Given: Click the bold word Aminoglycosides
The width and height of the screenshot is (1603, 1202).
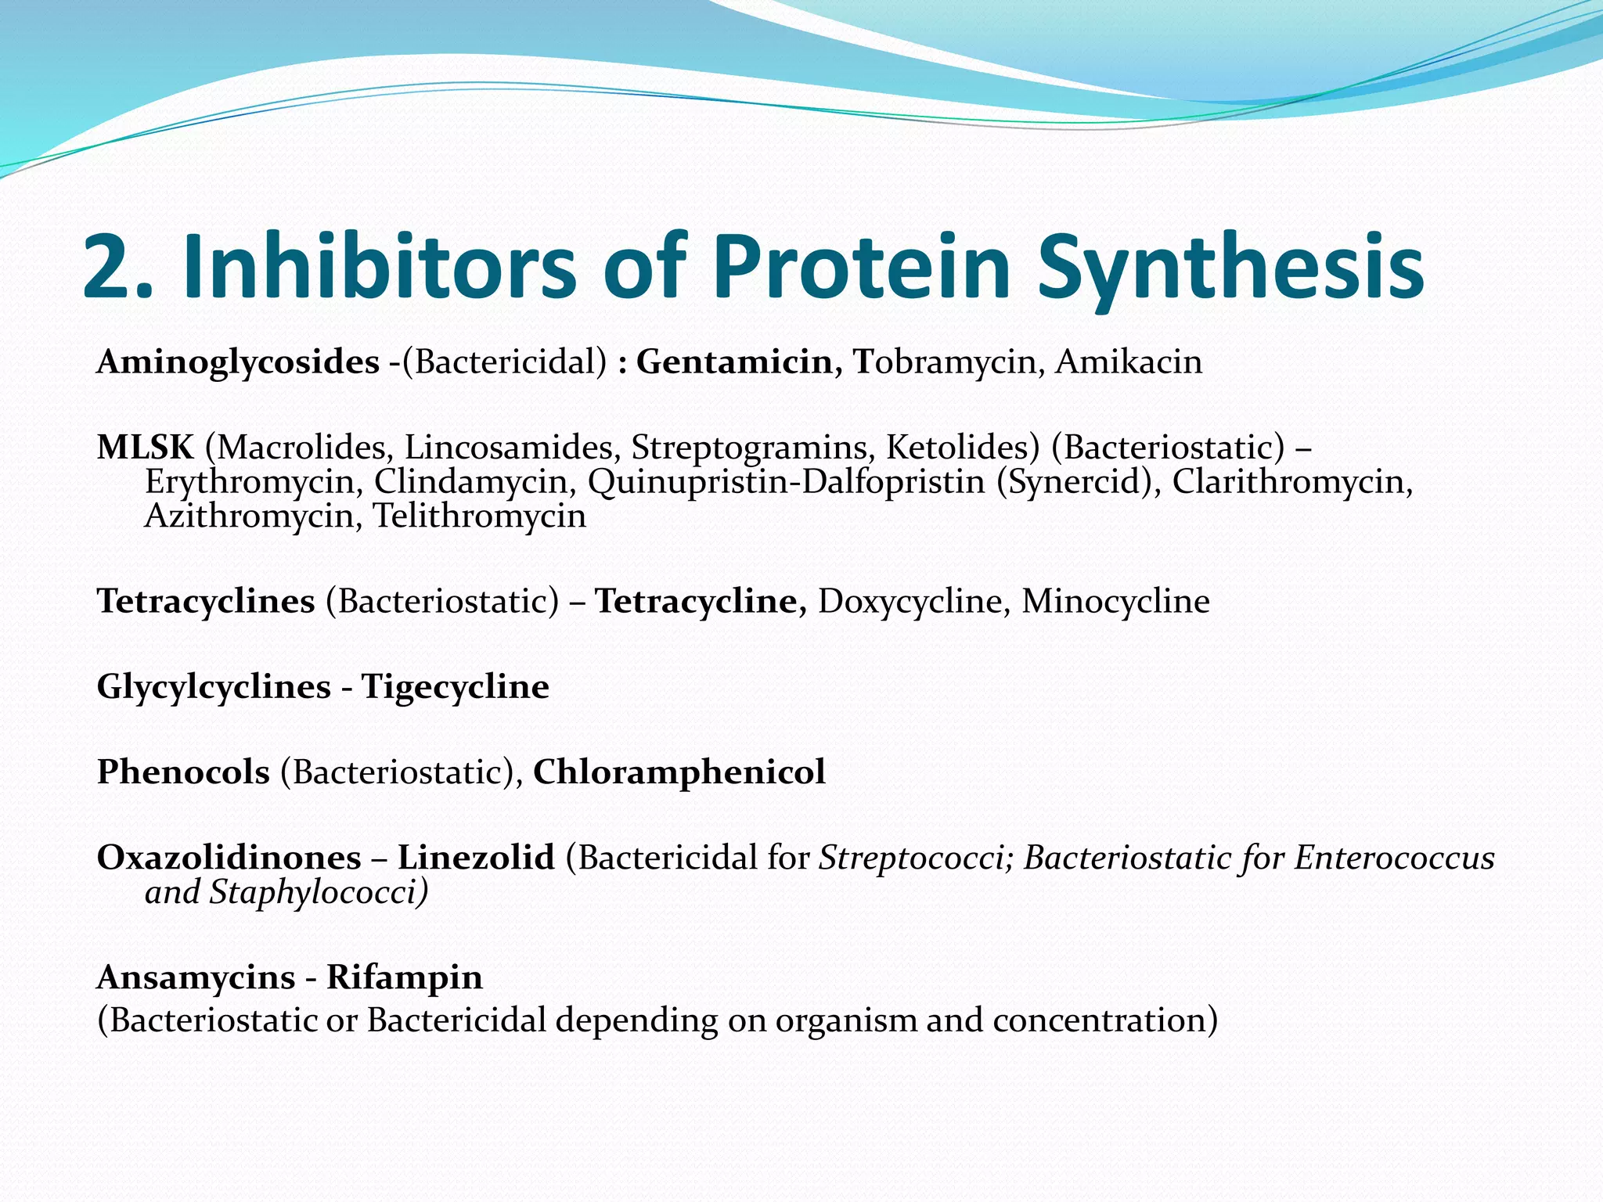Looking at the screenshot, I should point(238,362).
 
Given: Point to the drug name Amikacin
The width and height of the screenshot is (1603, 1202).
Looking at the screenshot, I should point(1128,362).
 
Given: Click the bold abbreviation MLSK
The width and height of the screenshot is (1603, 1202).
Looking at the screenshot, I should point(145,448).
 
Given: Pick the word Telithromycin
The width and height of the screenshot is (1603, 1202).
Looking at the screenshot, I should point(479,516).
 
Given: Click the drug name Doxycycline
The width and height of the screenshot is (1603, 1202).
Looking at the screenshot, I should point(908,602).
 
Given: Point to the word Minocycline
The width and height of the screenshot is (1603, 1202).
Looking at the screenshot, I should point(1115,602).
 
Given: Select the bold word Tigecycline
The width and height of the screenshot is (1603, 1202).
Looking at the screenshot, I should point(455,687).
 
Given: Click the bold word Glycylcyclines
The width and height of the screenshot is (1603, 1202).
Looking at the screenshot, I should point(214,687).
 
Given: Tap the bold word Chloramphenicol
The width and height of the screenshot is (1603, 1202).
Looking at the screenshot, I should point(679,772).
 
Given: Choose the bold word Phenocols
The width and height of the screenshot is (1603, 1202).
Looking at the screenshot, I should point(183,772).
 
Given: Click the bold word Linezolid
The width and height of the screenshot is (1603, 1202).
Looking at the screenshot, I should point(476,858).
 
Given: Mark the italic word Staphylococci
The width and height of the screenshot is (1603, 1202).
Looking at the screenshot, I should point(317,893).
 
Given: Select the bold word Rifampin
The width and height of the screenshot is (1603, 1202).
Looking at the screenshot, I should point(404,977).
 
